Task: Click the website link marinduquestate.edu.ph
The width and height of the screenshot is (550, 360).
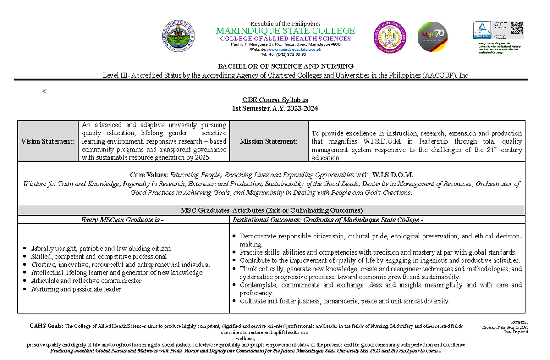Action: [x=295, y=50]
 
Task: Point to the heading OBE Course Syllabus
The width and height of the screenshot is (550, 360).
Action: [x=275, y=100]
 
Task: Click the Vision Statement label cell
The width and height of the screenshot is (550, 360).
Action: [x=48, y=141]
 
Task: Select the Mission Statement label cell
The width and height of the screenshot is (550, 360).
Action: [x=268, y=141]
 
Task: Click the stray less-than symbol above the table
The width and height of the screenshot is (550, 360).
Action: [x=44, y=91]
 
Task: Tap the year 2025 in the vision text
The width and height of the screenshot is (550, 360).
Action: [x=202, y=158]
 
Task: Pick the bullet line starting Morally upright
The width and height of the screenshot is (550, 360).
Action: [x=99, y=248]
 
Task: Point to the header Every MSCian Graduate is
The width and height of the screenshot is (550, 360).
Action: [x=122, y=220]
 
